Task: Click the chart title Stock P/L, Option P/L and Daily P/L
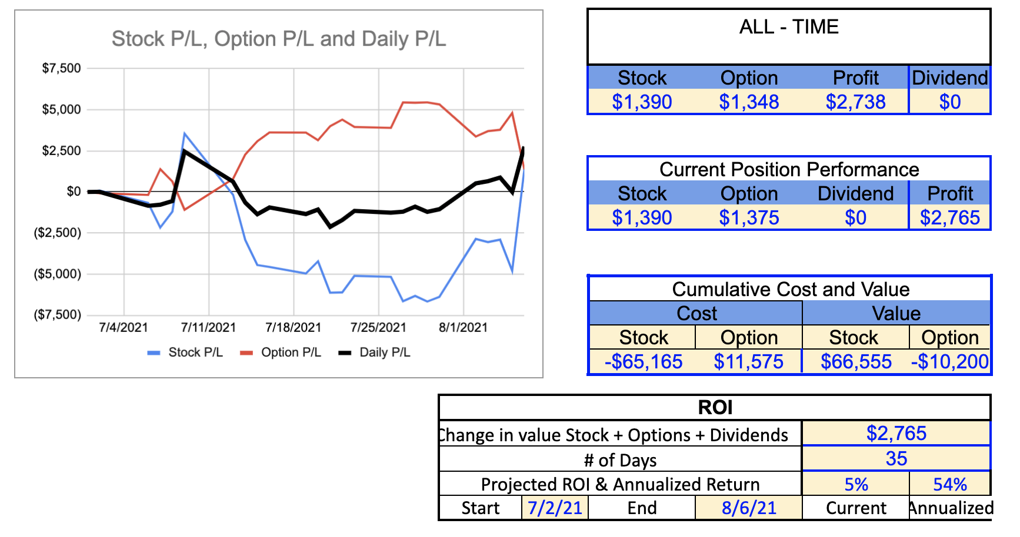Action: pos(279,39)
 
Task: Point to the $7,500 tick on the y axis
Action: pos(61,68)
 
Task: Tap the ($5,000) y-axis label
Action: pos(58,274)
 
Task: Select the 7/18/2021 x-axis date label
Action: pos(293,327)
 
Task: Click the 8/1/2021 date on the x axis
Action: pos(463,327)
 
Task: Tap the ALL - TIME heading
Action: pos(789,27)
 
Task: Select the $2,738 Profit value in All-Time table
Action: pos(855,102)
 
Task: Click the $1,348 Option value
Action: pos(749,102)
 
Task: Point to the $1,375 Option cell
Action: pos(749,218)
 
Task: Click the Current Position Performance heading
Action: pos(789,169)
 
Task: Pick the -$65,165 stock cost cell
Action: pos(644,361)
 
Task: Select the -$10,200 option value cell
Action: pos(949,361)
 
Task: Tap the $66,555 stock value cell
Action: pos(856,361)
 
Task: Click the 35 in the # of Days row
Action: pos(896,459)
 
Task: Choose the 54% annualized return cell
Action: pos(950,484)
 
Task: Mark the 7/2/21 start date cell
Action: pos(555,508)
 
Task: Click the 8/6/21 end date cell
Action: pos(749,508)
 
